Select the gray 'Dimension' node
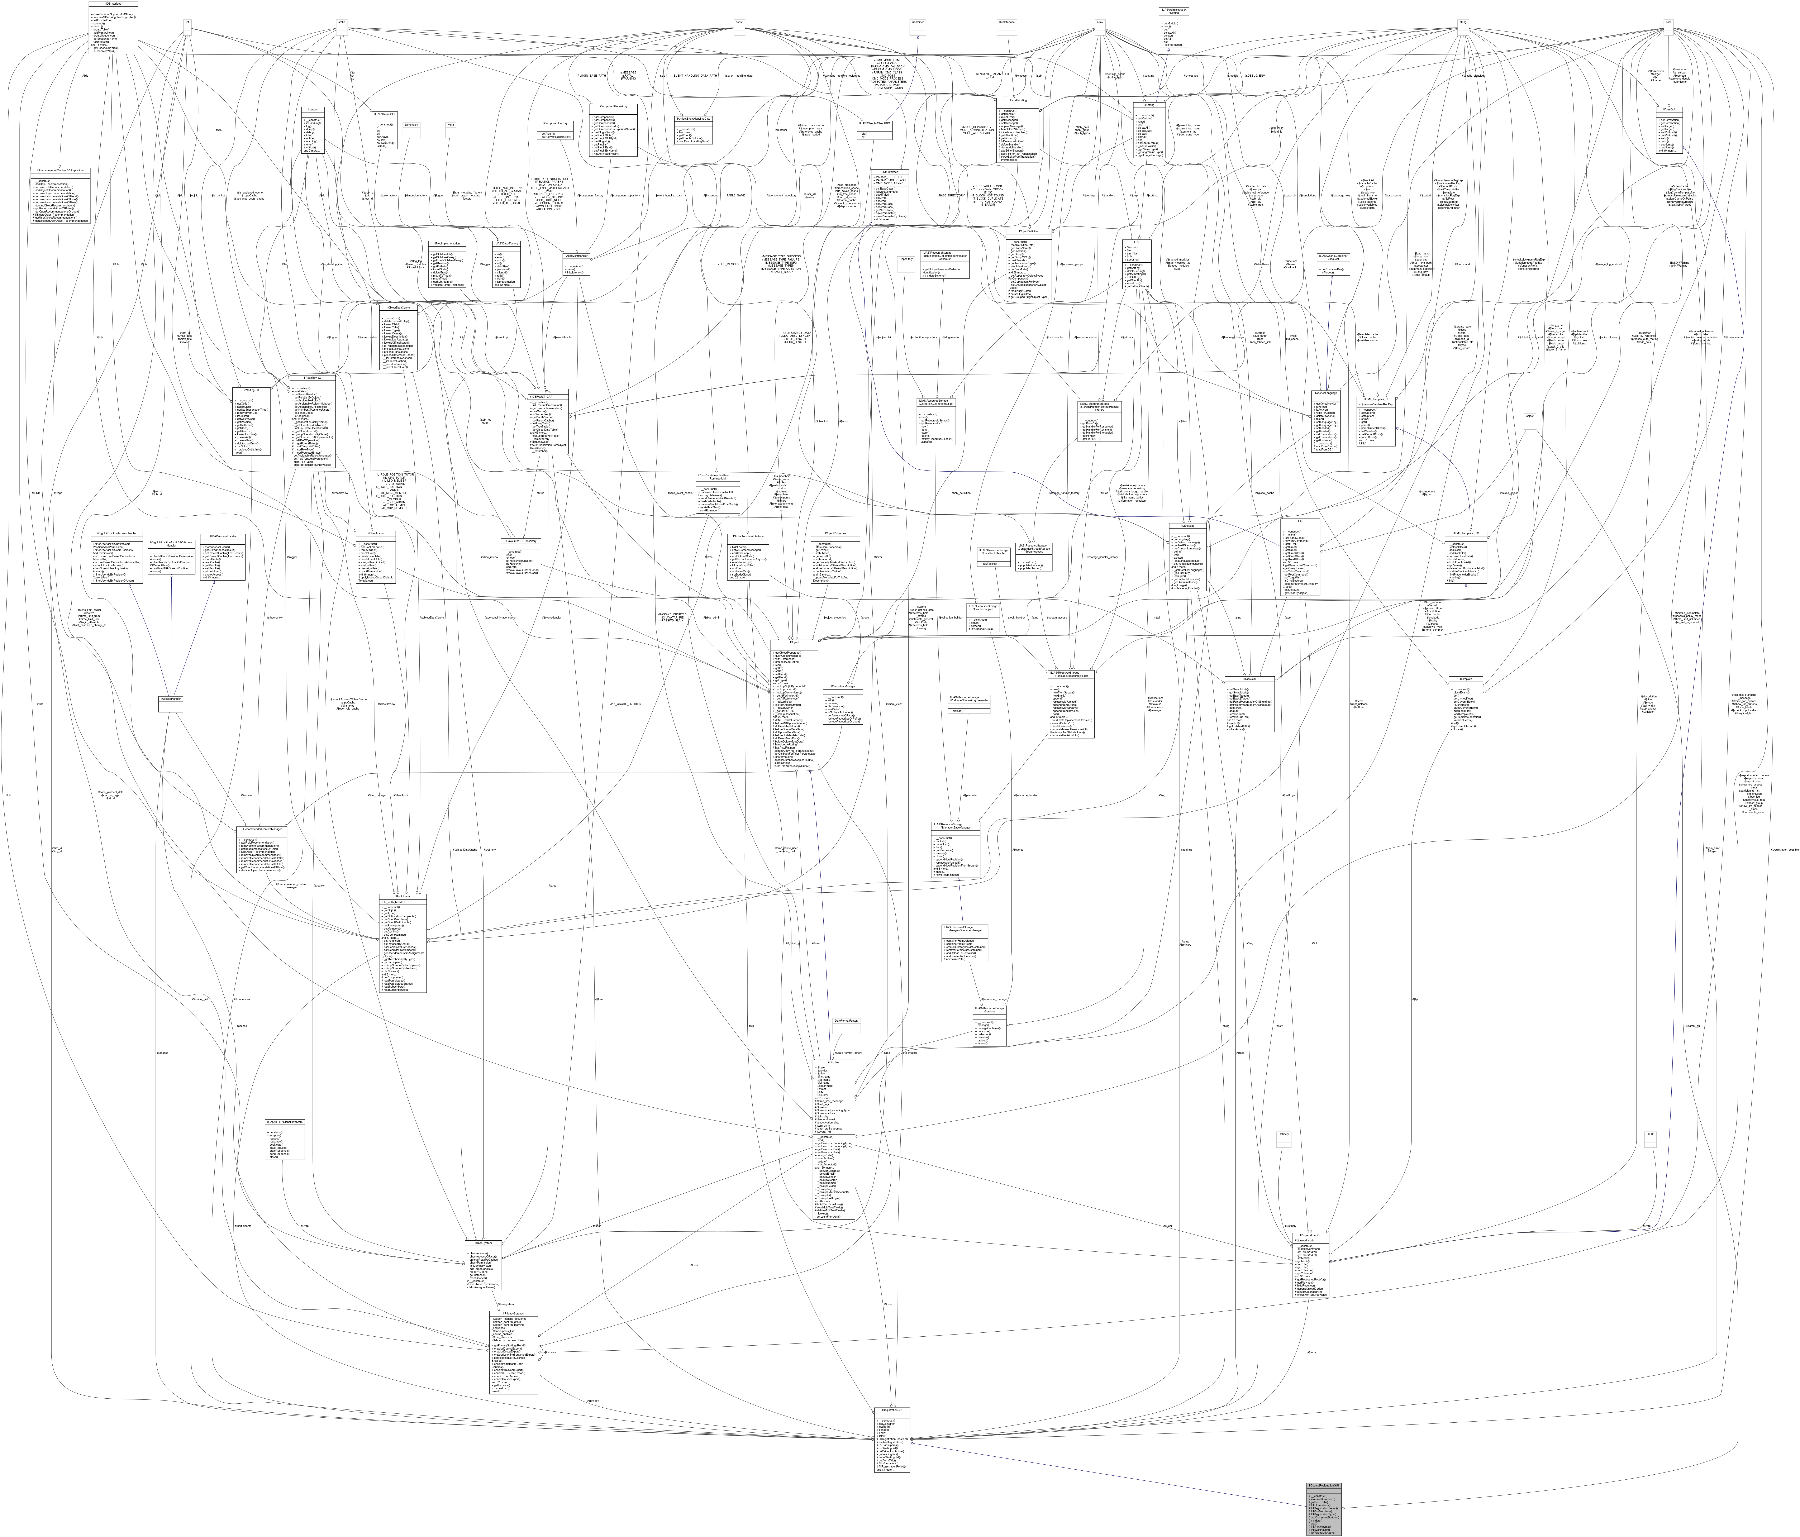412,124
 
